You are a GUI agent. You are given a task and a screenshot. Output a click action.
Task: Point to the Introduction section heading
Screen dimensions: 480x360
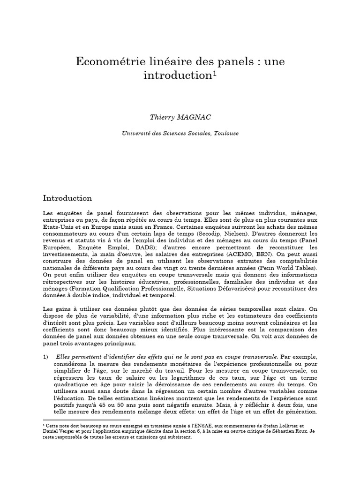pyautogui.click(x=67, y=198)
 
